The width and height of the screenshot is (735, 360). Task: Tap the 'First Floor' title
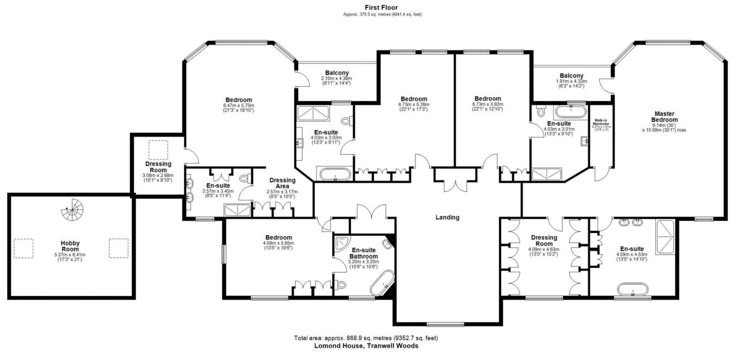click(x=381, y=7)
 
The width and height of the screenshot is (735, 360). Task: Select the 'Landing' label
click(x=447, y=217)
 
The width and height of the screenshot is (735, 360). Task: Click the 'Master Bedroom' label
click(x=664, y=117)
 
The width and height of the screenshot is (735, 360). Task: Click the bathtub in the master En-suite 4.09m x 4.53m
click(x=632, y=289)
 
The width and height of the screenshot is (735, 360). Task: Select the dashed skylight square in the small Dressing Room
click(x=158, y=150)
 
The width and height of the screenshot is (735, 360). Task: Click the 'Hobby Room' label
click(x=70, y=246)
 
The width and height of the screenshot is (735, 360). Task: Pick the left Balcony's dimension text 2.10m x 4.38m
click(x=336, y=78)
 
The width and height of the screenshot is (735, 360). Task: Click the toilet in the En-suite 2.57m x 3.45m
click(x=244, y=179)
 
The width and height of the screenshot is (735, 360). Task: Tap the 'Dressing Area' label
click(x=282, y=183)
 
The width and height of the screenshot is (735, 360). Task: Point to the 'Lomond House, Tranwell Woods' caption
click(x=366, y=346)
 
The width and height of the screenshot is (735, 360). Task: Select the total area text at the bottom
click(x=366, y=338)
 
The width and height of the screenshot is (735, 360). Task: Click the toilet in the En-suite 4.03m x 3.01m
click(x=541, y=111)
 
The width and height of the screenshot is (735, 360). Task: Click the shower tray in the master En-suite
click(x=666, y=237)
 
